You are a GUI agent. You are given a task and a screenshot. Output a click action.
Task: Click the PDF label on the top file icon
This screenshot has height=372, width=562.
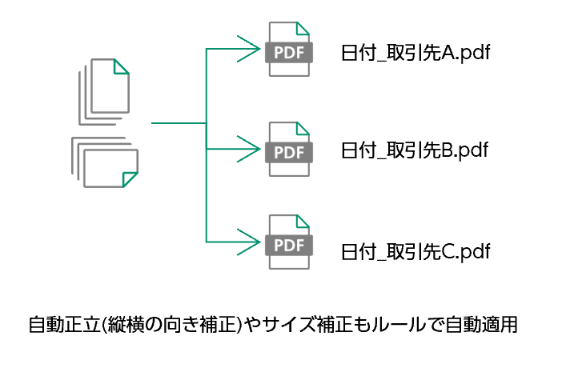289,53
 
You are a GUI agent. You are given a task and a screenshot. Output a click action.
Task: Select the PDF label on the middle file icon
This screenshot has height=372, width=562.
289,152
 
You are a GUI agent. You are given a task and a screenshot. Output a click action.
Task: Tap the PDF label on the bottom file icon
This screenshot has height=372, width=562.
289,245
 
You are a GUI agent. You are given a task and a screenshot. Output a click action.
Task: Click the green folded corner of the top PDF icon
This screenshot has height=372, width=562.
302,30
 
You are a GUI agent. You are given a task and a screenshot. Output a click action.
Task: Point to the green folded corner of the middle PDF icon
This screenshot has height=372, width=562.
302,129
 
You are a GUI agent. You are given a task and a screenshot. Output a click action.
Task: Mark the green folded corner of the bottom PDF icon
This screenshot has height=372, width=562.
302,222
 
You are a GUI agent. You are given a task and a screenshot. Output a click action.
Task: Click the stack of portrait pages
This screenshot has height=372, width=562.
105,90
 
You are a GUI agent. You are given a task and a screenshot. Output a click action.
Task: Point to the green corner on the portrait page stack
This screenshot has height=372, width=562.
122,66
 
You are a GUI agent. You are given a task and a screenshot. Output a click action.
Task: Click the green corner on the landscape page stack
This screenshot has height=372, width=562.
130,178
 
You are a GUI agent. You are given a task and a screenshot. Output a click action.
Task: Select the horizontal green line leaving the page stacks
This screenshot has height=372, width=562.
178,123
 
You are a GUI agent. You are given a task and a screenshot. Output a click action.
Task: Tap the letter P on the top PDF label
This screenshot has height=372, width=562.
279,53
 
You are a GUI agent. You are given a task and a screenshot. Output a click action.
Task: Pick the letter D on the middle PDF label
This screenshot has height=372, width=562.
289,152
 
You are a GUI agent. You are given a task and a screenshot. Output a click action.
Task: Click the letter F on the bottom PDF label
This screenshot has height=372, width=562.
300,245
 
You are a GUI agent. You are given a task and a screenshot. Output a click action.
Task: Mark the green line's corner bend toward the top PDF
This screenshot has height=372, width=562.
207,50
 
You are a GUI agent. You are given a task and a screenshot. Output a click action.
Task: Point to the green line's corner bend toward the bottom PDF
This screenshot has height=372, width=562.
207,242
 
